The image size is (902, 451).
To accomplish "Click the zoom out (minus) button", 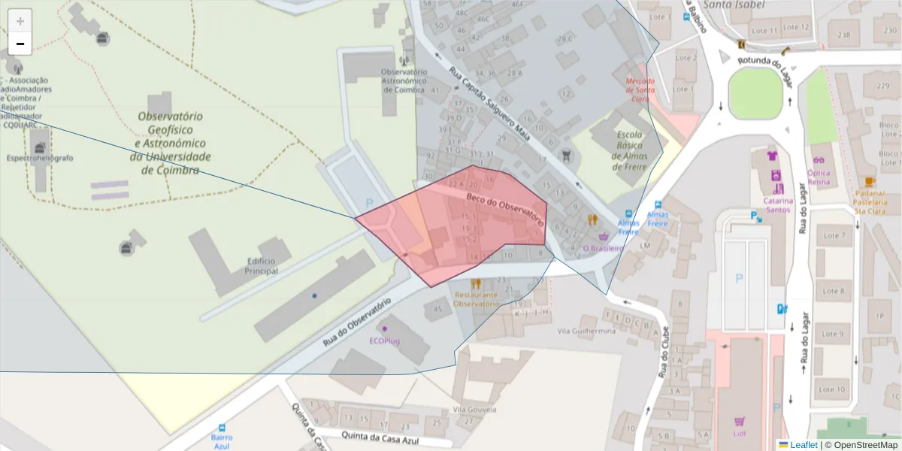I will [x=20, y=44].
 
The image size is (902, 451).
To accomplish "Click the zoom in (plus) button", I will [x=20, y=21].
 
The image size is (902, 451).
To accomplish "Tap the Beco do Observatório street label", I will [x=505, y=209].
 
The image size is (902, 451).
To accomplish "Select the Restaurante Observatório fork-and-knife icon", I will [x=475, y=284].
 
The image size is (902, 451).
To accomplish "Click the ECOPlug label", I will [x=385, y=341].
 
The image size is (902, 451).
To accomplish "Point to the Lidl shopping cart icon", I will [x=740, y=422].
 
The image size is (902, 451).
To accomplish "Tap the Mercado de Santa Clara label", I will [x=641, y=89].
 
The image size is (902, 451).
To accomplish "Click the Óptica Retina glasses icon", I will [x=819, y=160].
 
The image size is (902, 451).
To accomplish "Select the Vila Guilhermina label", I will [x=587, y=331].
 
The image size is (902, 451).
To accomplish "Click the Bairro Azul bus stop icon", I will [x=221, y=428].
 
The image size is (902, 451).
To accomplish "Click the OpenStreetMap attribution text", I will [x=864, y=445].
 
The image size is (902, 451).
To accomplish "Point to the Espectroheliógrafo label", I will [x=40, y=158].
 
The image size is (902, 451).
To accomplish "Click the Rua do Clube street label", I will [x=664, y=353].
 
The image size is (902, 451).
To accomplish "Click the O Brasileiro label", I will [x=604, y=248].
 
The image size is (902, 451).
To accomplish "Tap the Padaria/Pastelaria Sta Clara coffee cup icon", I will [x=870, y=182].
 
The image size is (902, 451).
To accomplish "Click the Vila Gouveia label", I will [x=474, y=410].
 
